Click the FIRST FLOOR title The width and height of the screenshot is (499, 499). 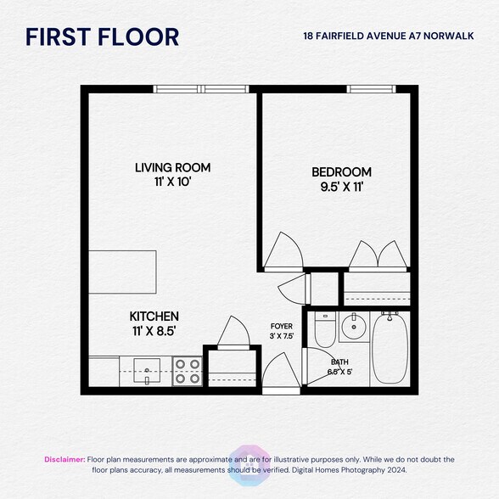pos(102,37)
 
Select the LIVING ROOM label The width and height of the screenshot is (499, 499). pos(172,167)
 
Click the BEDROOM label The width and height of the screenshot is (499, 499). pos(342,172)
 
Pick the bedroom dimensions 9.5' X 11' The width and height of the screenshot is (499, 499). pos(342,188)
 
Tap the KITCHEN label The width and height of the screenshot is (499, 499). pos(154,316)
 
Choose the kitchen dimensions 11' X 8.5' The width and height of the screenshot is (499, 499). pos(154,331)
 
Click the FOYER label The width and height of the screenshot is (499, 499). pos(282,325)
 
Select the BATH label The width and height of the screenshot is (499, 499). pos(339,362)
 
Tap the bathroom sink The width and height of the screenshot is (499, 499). pos(355,325)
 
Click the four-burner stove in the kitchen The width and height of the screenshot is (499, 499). pos(188,371)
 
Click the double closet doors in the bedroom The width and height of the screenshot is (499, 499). pos(378,255)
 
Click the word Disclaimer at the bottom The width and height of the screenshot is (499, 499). pos(64,459)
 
